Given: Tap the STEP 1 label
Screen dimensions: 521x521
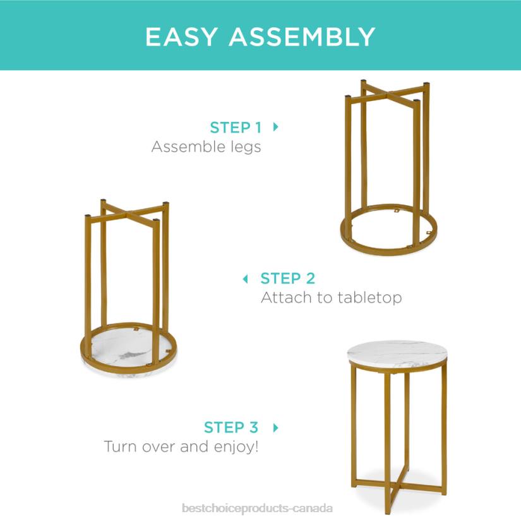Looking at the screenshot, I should (x=236, y=127).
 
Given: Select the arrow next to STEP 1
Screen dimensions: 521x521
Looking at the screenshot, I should (x=275, y=126).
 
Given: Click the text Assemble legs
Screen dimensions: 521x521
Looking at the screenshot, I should (x=206, y=147).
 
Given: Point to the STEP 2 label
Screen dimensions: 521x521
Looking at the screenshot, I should (x=287, y=278).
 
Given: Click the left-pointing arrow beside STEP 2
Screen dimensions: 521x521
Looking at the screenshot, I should (x=246, y=278).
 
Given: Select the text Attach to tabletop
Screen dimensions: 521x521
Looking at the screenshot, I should (x=331, y=297).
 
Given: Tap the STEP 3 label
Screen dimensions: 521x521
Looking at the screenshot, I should (x=231, y=428).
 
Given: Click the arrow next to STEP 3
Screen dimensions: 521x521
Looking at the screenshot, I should (x=275, y=428).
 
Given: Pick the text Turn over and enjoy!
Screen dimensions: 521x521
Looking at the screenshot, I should (x=181, y=447).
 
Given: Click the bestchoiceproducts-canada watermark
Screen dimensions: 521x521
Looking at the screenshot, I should (x=257, y=508).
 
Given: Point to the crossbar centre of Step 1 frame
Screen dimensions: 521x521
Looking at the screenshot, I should (x=387, y=94).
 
